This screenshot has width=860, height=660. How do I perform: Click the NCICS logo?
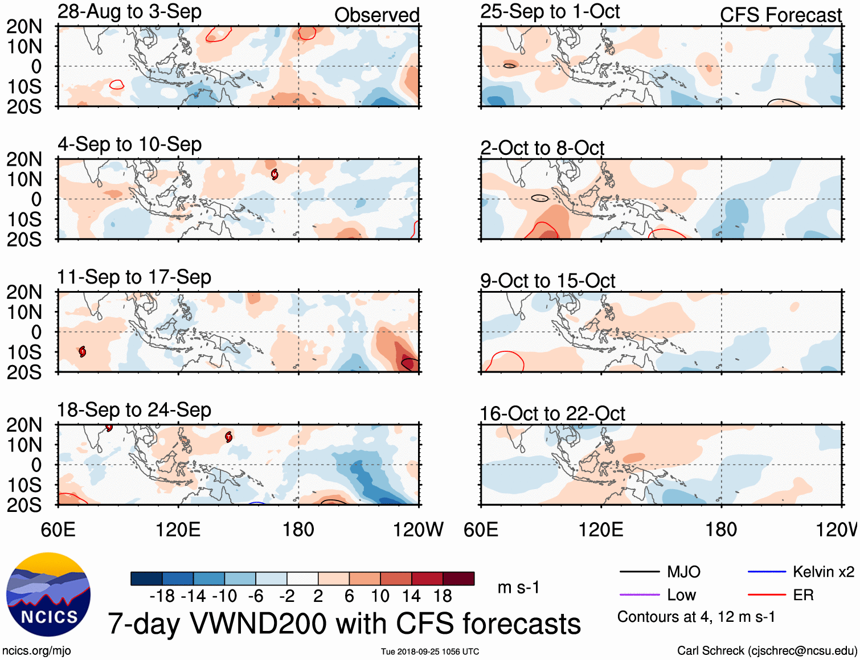(x=48, y=595)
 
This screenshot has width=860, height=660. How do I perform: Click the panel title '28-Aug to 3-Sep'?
(x=129, y=11)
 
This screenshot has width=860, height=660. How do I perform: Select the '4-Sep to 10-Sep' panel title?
(x=129, y=144)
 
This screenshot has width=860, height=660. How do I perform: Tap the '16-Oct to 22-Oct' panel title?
(x=552, y=413)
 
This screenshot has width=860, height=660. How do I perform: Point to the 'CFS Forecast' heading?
(x=780, y=15)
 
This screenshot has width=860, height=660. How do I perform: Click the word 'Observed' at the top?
(x=376, y=15)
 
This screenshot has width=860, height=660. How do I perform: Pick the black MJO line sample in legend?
(x=640, y=572)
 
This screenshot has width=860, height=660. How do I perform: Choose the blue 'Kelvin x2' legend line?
(x=767, y=572)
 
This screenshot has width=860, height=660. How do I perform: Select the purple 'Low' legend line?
(x=640, y=595)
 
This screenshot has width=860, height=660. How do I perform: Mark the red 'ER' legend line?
(x=767, y=595)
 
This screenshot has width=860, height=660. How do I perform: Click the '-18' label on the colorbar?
(x=162, y=596)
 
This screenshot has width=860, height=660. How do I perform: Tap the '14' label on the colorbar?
(x=411, y=596)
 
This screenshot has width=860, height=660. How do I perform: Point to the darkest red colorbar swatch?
(x=458, y=579)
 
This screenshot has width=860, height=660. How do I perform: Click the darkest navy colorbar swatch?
(x=146, y=579)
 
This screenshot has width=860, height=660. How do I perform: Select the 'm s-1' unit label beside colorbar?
(x=518, y=588)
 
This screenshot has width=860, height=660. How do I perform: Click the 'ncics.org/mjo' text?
(x=36, y=650)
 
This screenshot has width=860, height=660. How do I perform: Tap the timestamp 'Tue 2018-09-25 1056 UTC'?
(x=430, y=651)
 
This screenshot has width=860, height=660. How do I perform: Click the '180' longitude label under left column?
(x=298, y=530)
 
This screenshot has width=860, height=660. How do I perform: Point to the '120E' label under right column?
(x=601, y=530)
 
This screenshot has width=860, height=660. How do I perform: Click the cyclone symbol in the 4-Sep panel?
(x=275, y=174)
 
